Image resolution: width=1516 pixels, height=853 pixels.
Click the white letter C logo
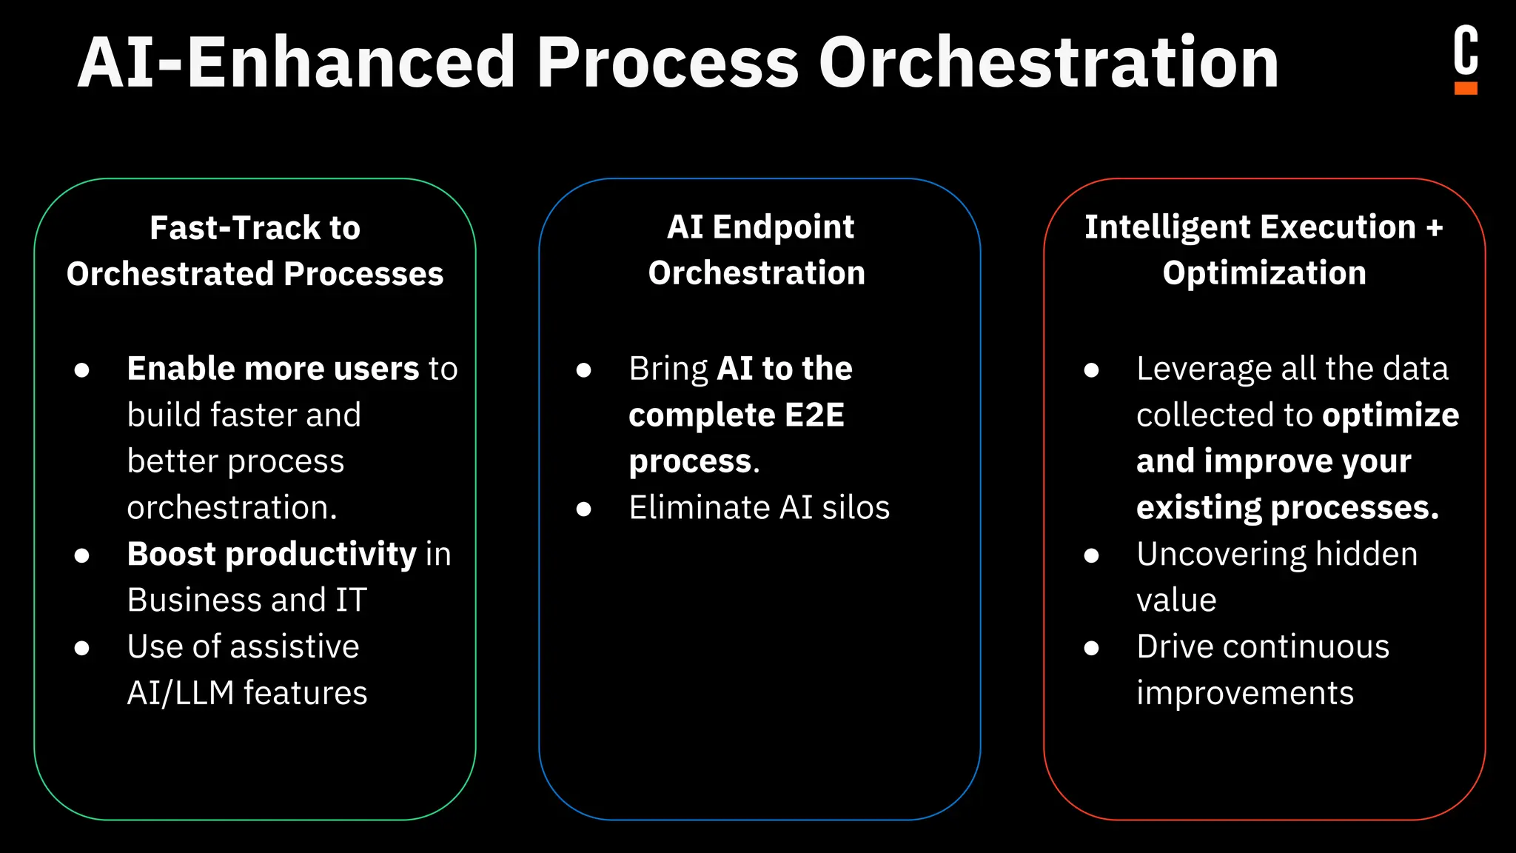[x=1466, y=50]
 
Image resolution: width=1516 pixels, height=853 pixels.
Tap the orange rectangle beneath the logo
[x=1466, y=88]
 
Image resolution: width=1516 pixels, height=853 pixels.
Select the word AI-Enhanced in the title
[x=296, y=63]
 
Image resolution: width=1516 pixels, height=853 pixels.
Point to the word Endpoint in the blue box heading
[x=783, y=227]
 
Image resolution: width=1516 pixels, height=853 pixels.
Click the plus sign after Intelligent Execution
[x=1435, y=227]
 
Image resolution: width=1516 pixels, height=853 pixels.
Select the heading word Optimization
[x=1264, y=273]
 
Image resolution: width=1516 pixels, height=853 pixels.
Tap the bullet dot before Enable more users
[x=82, y=369]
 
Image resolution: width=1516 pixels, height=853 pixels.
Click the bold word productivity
[x=321, y=555]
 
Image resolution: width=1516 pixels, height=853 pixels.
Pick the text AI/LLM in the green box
[x=180, y=693]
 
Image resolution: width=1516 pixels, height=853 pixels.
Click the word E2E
[x=814, y=415]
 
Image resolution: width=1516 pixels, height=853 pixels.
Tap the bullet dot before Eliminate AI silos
[x=584, y=509]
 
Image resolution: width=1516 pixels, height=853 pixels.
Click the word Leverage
[x=1190, y=369]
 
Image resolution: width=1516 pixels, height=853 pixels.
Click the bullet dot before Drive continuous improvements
[x=1091, y=648]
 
